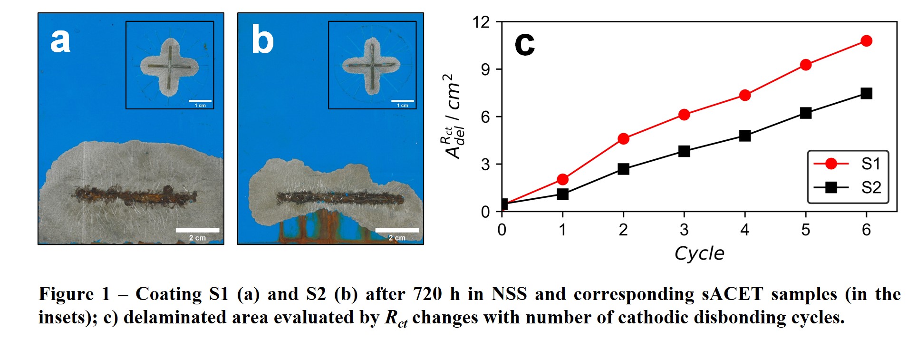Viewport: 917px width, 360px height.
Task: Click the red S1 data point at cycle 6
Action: (866, 41)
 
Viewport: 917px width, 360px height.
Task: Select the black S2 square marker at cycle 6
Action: (866, 93)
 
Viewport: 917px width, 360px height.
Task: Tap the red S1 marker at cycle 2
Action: (623, 139)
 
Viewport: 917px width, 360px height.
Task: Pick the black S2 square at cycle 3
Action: (684, 151)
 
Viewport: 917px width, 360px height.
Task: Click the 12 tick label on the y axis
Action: (481, 22)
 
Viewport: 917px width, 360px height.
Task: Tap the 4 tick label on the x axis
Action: (745, 230)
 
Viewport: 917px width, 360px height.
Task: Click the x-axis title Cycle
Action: (699, 253)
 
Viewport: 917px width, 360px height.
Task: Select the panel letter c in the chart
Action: (524, 44)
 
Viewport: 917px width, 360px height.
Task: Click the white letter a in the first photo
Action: (60, 41)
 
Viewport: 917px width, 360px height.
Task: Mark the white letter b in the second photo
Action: (262, 41)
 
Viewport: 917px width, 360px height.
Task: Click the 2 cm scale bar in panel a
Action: (197, 230)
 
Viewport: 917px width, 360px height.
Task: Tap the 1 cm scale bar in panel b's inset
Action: (403, 101)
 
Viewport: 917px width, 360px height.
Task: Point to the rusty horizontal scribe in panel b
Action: (340, 198)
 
